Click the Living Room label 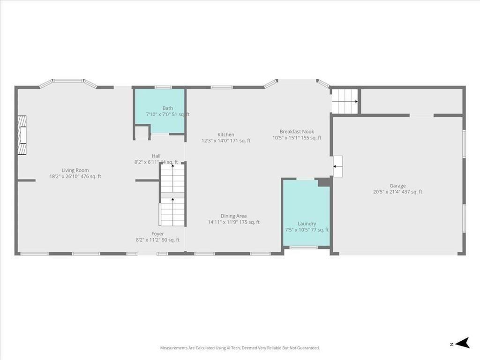(75, 170)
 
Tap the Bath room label (168, 108)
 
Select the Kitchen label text (226, 135)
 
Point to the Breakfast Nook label (297, 131)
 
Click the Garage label (397, 186)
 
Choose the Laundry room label (307, 224)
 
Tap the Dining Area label (233, 216)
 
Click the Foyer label (157, 233)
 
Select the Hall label (156, 156)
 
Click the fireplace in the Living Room (22, 135)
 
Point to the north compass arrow (463, 343)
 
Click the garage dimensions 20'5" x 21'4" (386, 192)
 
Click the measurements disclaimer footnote (240, 348)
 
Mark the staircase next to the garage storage (345, 101)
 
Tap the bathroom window (163, 88)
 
